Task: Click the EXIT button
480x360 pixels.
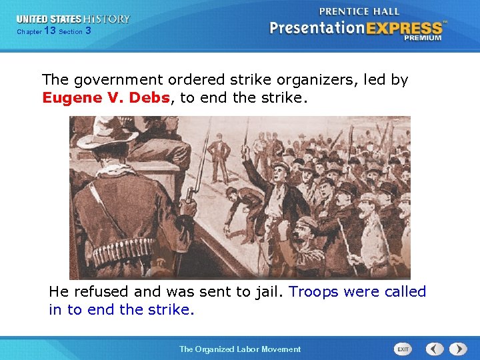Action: point(403,349)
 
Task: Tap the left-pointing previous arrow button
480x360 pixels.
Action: point(435,349)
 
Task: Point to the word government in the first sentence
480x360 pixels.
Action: point(110,80)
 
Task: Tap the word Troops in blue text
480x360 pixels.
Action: point(313,292)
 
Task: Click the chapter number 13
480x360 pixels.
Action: point(49,31)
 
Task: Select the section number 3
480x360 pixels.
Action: point(89,31)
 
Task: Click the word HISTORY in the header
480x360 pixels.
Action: point(107,19)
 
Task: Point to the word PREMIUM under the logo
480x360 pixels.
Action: point(421,38)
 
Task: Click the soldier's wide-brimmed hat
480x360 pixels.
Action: point(106,133)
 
